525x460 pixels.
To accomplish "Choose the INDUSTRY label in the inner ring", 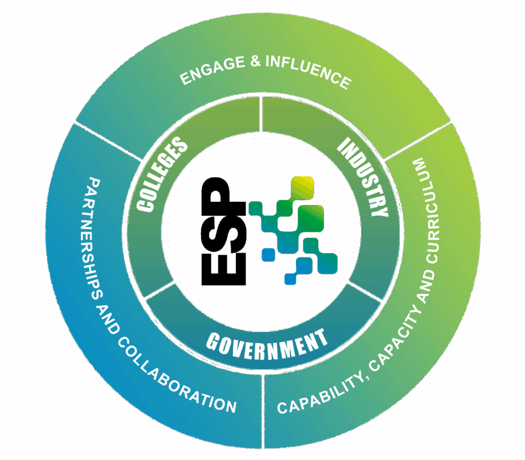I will click(363, 177).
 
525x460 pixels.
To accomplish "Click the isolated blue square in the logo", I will click(268, 254).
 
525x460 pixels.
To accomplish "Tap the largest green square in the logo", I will click(311, 218).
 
